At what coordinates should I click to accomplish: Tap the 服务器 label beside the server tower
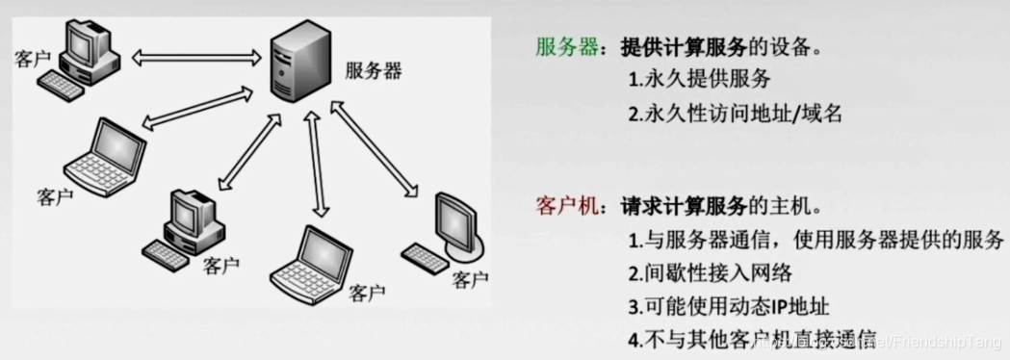coord(374,70)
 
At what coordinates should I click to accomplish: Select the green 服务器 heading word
coord(567,47)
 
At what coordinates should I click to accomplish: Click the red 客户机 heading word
coord(566,206)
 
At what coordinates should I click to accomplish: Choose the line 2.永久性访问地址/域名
coord(735,114)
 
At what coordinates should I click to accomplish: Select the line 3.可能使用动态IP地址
coord(728,306)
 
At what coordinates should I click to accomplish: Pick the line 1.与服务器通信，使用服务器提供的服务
coord(816,239)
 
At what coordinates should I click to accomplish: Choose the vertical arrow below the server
coord(315,164)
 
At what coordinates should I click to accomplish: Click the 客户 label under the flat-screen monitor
coord(470,280)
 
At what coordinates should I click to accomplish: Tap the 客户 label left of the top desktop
coord(33,60)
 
